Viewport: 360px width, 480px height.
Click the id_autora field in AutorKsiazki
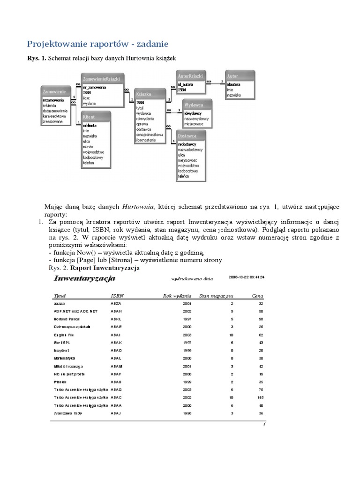point(186,84)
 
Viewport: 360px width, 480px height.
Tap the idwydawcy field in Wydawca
point(194,113)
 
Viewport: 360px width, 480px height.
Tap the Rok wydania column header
point(177,296)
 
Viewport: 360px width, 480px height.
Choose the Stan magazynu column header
point(217,296)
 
